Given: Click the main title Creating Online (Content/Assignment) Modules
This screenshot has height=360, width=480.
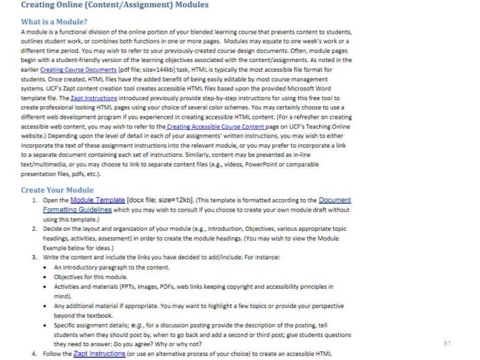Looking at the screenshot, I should click(115, 6).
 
